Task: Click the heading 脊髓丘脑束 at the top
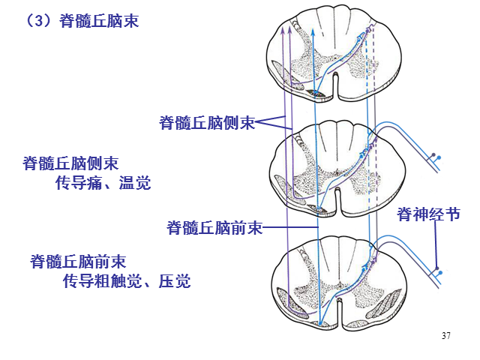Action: coord(99,21)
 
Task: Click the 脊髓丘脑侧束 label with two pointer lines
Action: coord(207,123)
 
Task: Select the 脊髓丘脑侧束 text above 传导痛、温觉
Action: coord(70,163)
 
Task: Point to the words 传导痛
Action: coord(79,183)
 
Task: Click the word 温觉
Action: coord(135,183)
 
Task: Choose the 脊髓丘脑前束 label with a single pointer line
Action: coord(214,227)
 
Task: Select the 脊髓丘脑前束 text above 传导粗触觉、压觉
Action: coord(78,262)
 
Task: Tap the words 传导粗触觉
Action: coord(103,281)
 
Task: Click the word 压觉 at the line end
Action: coord(175,281)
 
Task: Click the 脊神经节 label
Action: coord(428,214)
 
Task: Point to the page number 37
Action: coord(446,335)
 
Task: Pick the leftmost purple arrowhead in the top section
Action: coord(283,30)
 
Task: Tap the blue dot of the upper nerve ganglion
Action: coord(439,157)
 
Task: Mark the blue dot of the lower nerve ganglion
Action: coord(440,272)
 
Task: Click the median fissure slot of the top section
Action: coord(336,86)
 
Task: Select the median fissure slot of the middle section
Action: coord(337,202)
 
